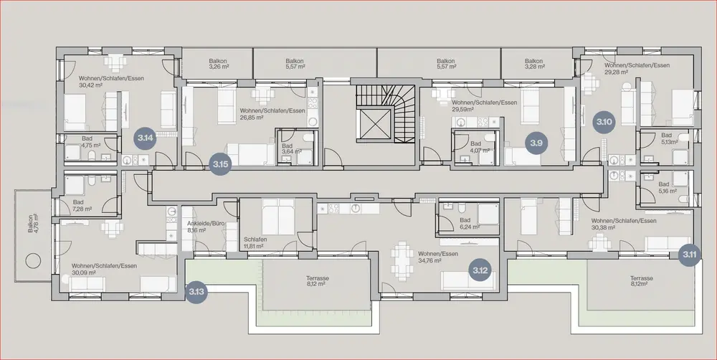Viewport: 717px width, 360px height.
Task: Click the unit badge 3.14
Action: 146,138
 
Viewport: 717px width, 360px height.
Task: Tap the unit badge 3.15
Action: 220,164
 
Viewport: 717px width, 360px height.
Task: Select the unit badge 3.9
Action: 536,143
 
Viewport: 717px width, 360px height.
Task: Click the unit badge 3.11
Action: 690,255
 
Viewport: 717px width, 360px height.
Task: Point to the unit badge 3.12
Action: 480,271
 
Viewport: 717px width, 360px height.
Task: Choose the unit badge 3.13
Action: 196,291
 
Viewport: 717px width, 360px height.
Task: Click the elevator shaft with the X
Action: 373,123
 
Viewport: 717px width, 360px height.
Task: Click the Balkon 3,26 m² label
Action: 218,64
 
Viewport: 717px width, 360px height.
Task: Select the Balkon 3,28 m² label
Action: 533,64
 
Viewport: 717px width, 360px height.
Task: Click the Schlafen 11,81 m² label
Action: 255,243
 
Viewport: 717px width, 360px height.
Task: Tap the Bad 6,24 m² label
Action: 469,223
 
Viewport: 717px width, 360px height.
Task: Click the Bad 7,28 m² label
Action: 82,205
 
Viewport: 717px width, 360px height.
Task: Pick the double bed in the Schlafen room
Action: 277,217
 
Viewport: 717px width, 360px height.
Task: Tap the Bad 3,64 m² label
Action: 292,148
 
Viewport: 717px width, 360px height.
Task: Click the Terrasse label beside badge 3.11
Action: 642,281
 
